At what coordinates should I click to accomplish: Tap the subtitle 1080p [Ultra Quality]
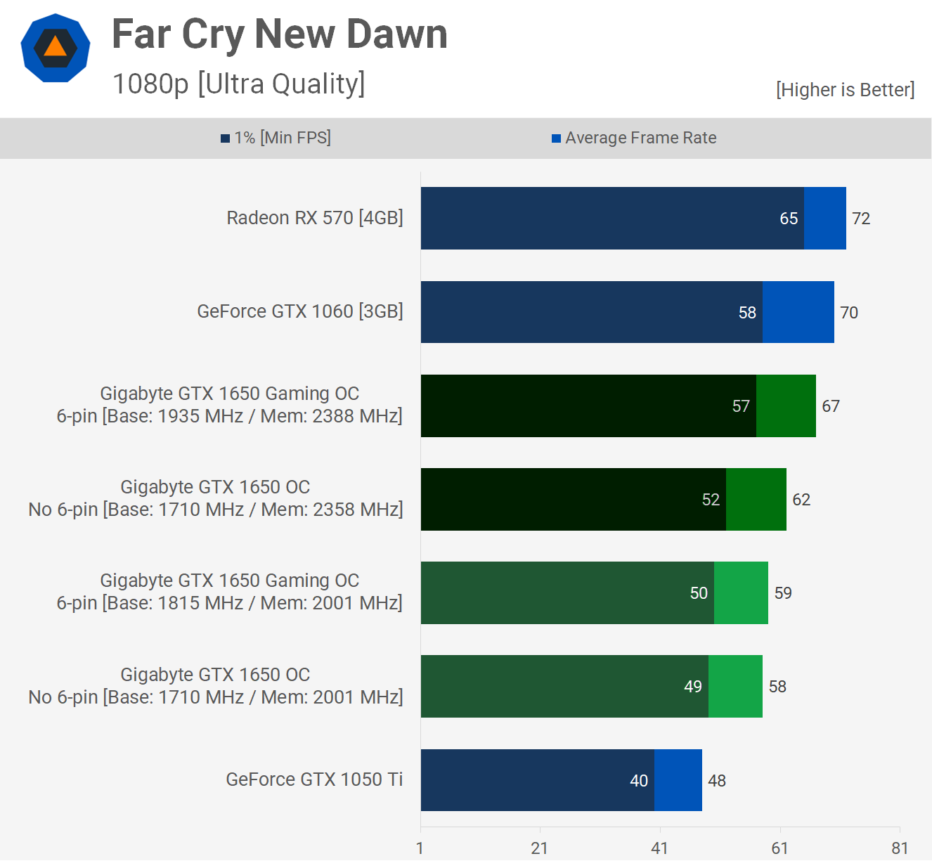tap(238, 84)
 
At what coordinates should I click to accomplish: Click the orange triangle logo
tap(55, 47)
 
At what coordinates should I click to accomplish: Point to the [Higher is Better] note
tap(845, 90)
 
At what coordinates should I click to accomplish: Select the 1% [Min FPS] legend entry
tap(276, 138)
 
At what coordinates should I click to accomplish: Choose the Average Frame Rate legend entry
tap(634, 138)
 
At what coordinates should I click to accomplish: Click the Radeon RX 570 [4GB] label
tap(314, 218)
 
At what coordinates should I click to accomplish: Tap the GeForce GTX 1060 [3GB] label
tap(299, 311)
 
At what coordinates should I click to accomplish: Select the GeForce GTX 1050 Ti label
tap(314, 779)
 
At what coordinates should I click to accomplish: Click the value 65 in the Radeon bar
tap(789, 219)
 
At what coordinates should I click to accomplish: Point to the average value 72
tap(861, 219)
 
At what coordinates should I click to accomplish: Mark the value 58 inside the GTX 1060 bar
tap(747, 313)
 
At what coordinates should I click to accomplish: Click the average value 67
tap(831, 406)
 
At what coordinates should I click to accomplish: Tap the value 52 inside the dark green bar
tap(711, 500)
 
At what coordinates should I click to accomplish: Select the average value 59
tap(783, 593)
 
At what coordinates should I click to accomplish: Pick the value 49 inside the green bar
tap(693, 687)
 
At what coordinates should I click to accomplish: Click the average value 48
tap(717, 781)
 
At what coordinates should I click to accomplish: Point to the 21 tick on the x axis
tap(539, 848)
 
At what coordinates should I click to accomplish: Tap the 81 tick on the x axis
tap(900, 848)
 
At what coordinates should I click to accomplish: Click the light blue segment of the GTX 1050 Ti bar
tap(678, 780)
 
